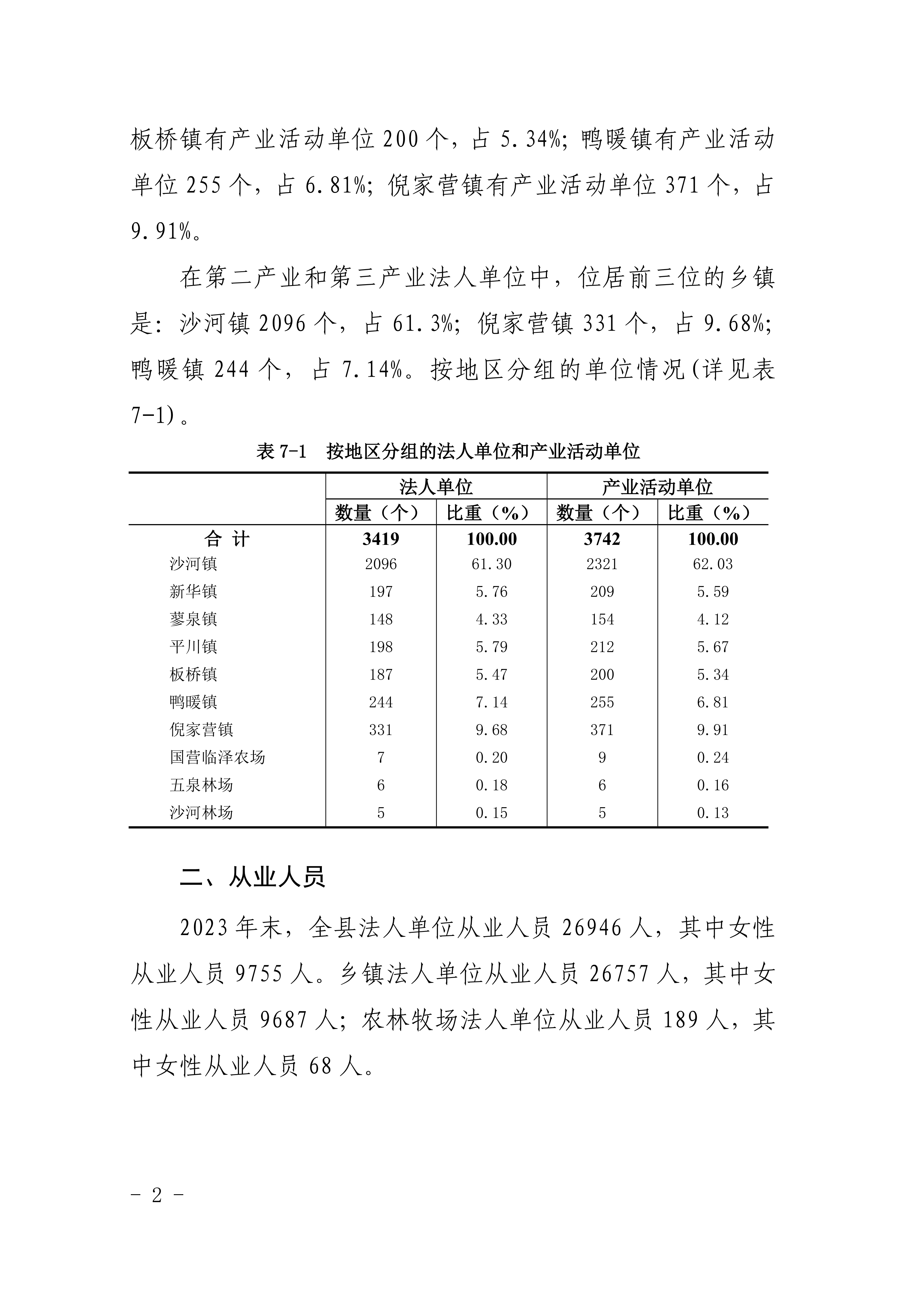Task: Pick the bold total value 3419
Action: point(381,539)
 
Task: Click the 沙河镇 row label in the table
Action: point(193,564)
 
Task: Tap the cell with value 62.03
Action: point(713,564)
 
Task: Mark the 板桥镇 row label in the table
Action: point(193,674)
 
